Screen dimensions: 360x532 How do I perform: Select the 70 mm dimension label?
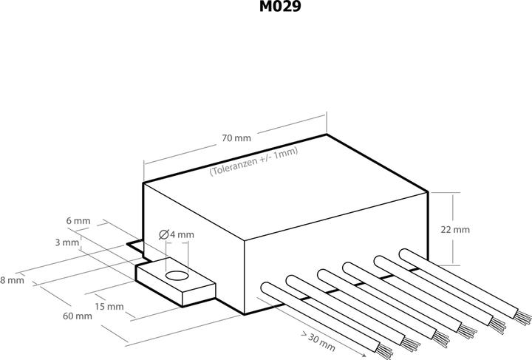(x=236, y=138)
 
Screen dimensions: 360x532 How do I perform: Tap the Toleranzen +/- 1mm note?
(x=253, y=162)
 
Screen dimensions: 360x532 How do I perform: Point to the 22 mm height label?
(x=454, y=229)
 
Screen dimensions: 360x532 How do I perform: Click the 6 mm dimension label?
(x=78, y=221)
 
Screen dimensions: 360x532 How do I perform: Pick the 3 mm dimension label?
(x=66, y=242)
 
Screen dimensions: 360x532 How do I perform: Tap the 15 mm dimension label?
(x=109, y=306)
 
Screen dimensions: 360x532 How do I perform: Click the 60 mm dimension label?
(x=78, y=316)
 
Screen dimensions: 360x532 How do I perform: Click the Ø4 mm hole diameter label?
(x=177, y=234)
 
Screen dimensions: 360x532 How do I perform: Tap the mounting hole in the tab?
(x=176, y=276)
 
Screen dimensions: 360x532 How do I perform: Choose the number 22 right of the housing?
(x=446, y=229)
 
